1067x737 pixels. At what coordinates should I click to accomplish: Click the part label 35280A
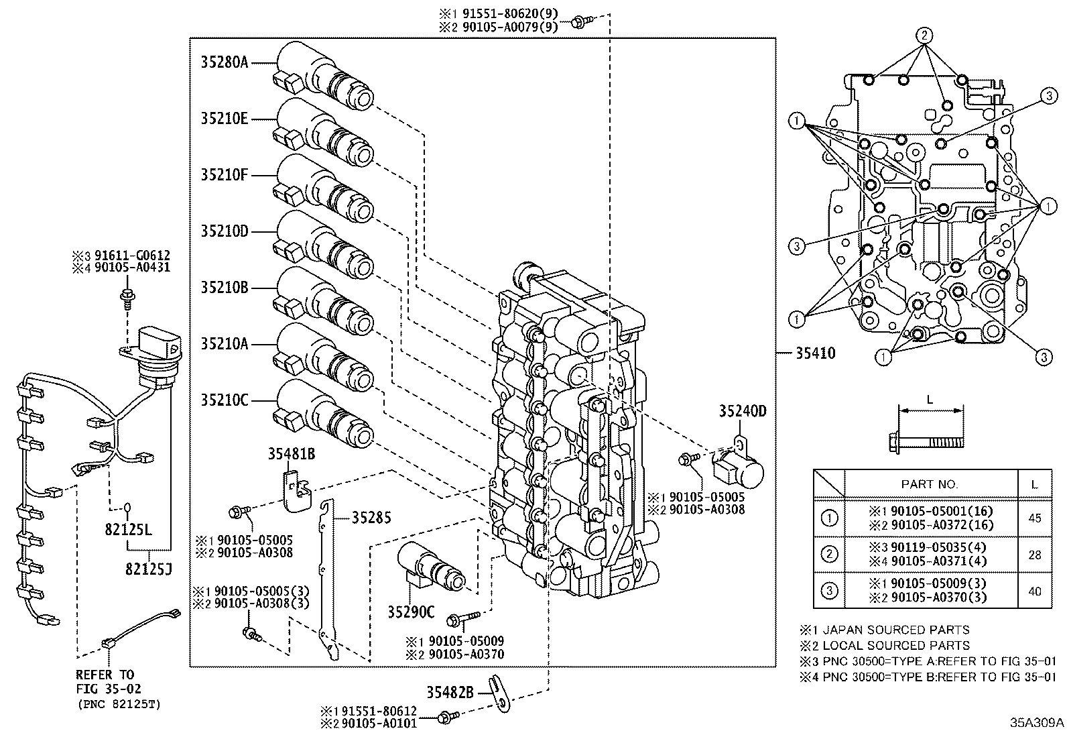click(224, 62)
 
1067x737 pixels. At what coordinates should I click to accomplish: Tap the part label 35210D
click(224, 231)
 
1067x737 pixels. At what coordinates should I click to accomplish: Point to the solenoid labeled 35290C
click(429, 567)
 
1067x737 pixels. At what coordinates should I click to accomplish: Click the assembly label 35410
click(815, 353)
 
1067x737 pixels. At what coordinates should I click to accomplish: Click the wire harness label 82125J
click(148, 569)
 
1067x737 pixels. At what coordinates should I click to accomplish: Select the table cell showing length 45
click(1034, 518)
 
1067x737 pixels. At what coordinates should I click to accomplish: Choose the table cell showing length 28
click(1034, 555)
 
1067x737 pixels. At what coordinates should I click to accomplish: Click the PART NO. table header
click(930, 484)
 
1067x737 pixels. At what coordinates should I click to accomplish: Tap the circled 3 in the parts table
click(829, 590)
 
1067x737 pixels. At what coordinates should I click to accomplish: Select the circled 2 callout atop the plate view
click(924, 36)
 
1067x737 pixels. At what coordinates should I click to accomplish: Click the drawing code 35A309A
click(1036, 722)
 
